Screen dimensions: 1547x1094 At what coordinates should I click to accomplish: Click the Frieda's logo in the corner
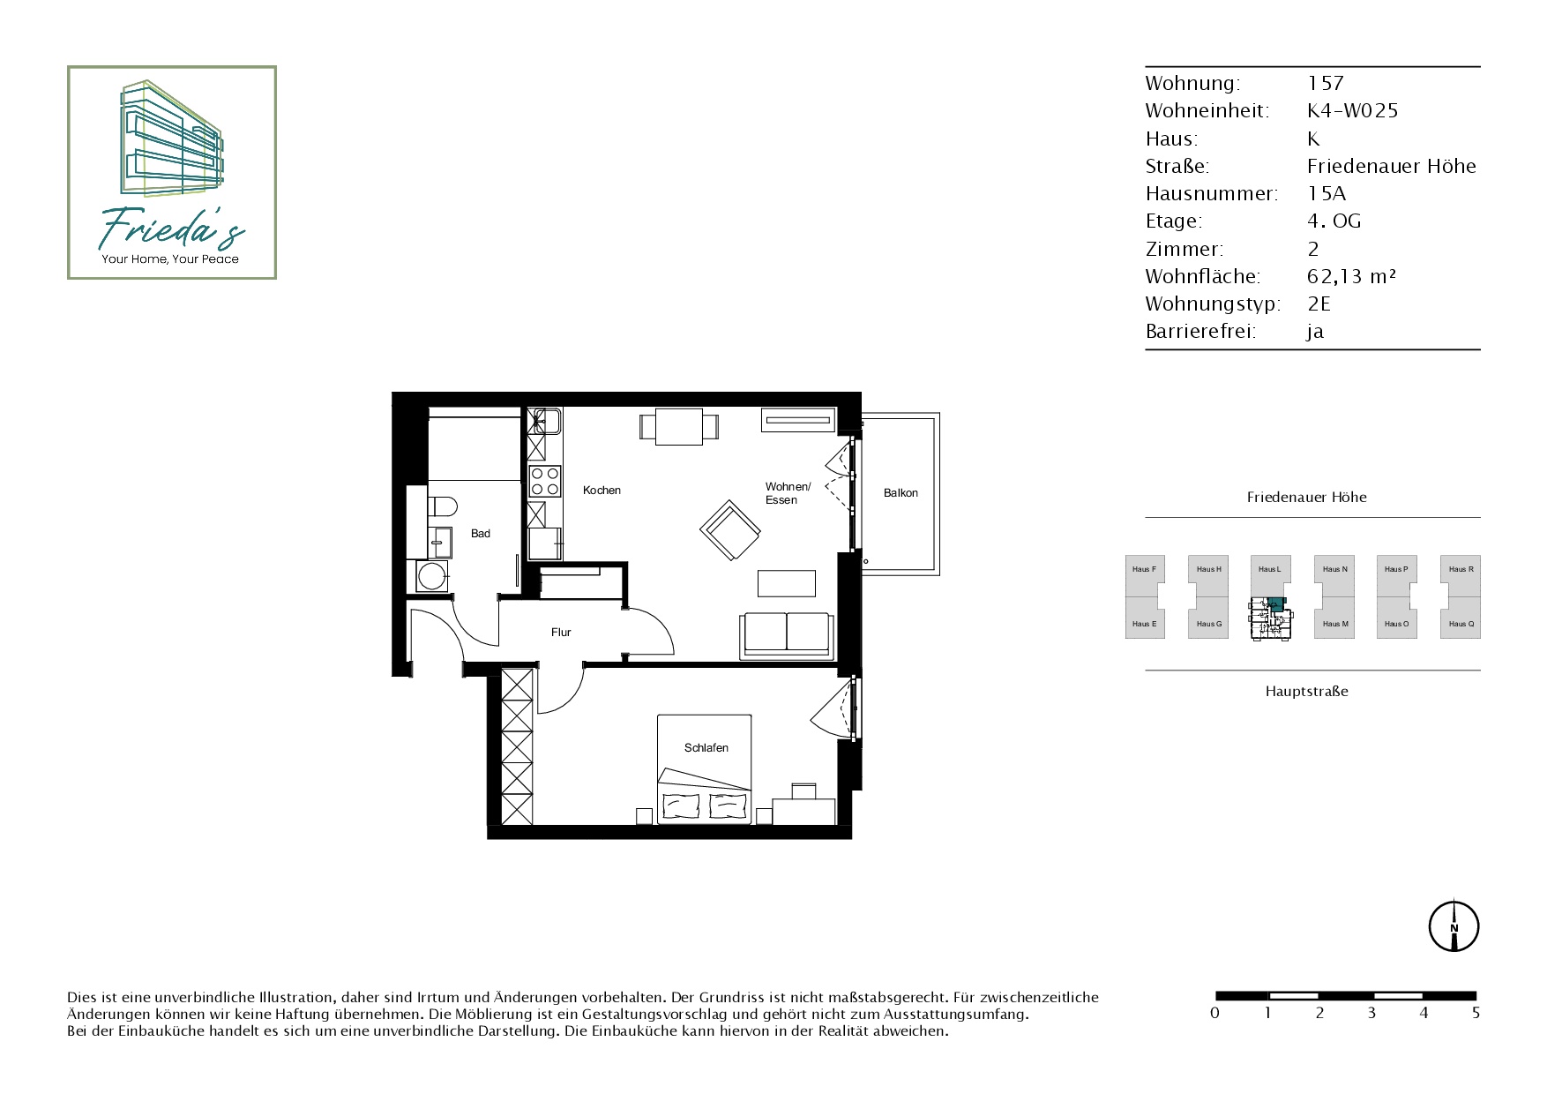point(172,173)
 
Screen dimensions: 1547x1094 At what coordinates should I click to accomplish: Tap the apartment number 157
point(1326,83)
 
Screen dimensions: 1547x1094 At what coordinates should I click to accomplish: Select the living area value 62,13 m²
point(1351,276)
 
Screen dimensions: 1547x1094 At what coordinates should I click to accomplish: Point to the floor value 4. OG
point(1334,221)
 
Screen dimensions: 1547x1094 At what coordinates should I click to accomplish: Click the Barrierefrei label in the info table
point(1200,332)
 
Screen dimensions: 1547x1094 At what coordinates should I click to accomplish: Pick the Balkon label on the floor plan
point(901,493)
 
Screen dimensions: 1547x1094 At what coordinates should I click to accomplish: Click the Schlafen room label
point(706,748)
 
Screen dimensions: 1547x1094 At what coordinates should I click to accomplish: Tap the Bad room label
point(481,534)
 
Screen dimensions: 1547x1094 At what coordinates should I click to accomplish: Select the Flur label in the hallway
point(561,633)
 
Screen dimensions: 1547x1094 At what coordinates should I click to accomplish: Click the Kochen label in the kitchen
point(602,491)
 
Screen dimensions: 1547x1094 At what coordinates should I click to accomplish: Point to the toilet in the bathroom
point(442,506)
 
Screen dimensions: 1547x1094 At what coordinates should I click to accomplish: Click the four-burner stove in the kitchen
point(544,482)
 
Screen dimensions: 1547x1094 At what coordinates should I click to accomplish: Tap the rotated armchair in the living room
point(731,530)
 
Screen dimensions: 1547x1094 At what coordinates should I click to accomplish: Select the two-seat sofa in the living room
point(787,634)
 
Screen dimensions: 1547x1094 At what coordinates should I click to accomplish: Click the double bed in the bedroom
point(705,769)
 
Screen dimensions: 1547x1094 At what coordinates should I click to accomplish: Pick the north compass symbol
point(1454,926)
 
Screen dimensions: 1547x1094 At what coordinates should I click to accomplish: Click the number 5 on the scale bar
point(1476,1013)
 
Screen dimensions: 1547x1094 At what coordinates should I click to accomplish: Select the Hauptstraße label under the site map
point(1307,692)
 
